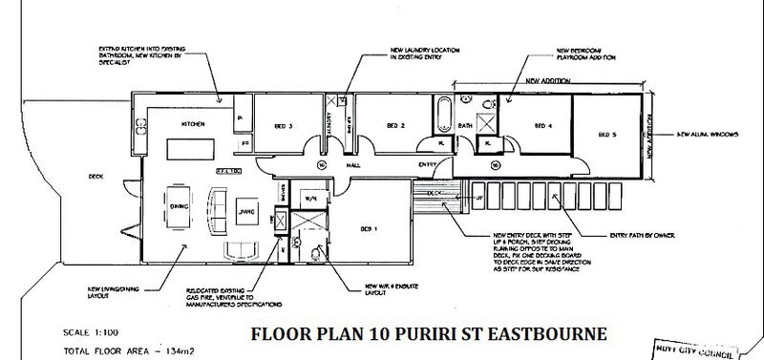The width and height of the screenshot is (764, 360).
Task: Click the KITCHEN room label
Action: [x=182, y=125]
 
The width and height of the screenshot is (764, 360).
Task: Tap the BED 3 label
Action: [x=284, y=125]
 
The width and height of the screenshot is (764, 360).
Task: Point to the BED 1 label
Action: [x=369, y=229]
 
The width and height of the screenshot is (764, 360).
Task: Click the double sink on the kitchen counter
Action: [x=140, y=122]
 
